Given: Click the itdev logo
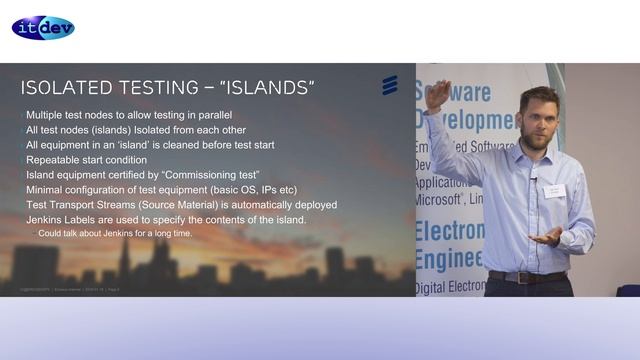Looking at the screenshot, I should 43,27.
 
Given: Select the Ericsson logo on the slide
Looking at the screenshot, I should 390,85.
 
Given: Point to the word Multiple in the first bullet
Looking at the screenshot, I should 47,115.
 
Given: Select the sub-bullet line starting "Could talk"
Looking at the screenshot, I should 115,233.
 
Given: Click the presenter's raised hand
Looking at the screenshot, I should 437,96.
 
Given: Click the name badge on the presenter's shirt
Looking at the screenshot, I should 554,190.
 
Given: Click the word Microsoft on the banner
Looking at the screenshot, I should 444,200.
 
